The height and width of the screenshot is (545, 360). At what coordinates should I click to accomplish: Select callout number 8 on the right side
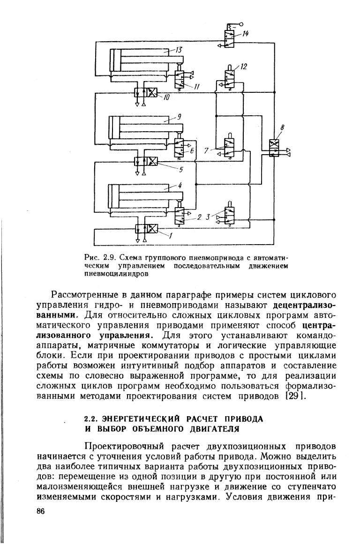[282, 127]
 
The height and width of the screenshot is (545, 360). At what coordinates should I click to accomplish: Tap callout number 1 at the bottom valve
[170, 236]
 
